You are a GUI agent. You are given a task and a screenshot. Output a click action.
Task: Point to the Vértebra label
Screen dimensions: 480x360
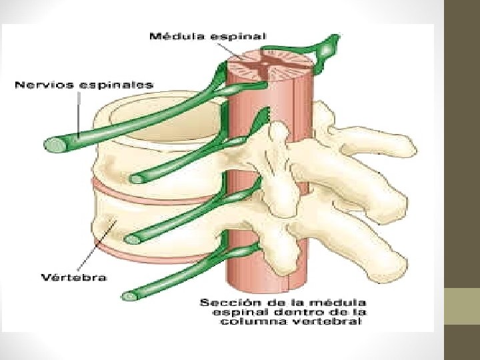(73, 276)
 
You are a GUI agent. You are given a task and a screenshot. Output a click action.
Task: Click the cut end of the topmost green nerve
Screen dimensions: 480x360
(52, 144)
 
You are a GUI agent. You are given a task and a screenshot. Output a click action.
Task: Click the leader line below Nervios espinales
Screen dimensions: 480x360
(79, 113)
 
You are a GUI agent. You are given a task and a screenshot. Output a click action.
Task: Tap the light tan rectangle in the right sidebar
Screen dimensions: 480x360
(461, 306)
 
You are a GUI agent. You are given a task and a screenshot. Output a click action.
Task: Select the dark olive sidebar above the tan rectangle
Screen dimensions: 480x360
(461, 133)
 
